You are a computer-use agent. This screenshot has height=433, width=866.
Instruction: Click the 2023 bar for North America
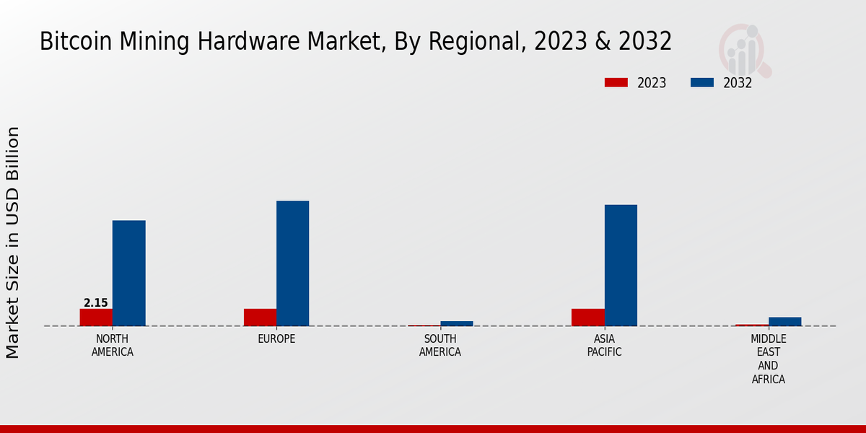[x=96, y=318]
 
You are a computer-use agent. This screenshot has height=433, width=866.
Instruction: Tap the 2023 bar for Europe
[x=260, y=318]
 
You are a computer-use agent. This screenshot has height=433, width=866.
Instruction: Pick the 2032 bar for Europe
[x=292, y=263]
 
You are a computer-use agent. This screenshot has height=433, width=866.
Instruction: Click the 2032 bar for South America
[x=457, y=323]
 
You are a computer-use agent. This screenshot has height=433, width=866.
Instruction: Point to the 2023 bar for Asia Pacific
[x=587, y=318]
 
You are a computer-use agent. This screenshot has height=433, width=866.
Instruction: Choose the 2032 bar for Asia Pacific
[x=621, y=266]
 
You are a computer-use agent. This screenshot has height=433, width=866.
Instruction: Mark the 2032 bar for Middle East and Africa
[x=784, y=321]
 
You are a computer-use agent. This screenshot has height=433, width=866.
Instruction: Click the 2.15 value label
[x=96, y=303]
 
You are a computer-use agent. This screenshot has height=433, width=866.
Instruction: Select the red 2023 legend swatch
[x=616, y=83]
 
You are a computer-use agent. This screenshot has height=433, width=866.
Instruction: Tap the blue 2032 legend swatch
[x=701, y=83]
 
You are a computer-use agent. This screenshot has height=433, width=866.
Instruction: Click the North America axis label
[x=113, y=346]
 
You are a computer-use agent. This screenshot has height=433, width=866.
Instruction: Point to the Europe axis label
[x=276, y=339]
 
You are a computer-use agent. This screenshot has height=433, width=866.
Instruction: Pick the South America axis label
[x=440, y=346]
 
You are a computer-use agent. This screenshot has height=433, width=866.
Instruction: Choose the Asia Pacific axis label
[x=604, y=346]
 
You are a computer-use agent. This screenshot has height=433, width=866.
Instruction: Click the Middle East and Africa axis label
[x=769, y=359]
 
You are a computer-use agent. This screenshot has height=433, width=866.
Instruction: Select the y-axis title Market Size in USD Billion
[x=13, y=242]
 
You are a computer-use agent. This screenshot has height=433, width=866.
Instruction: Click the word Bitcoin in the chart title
[x=69, y=42]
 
